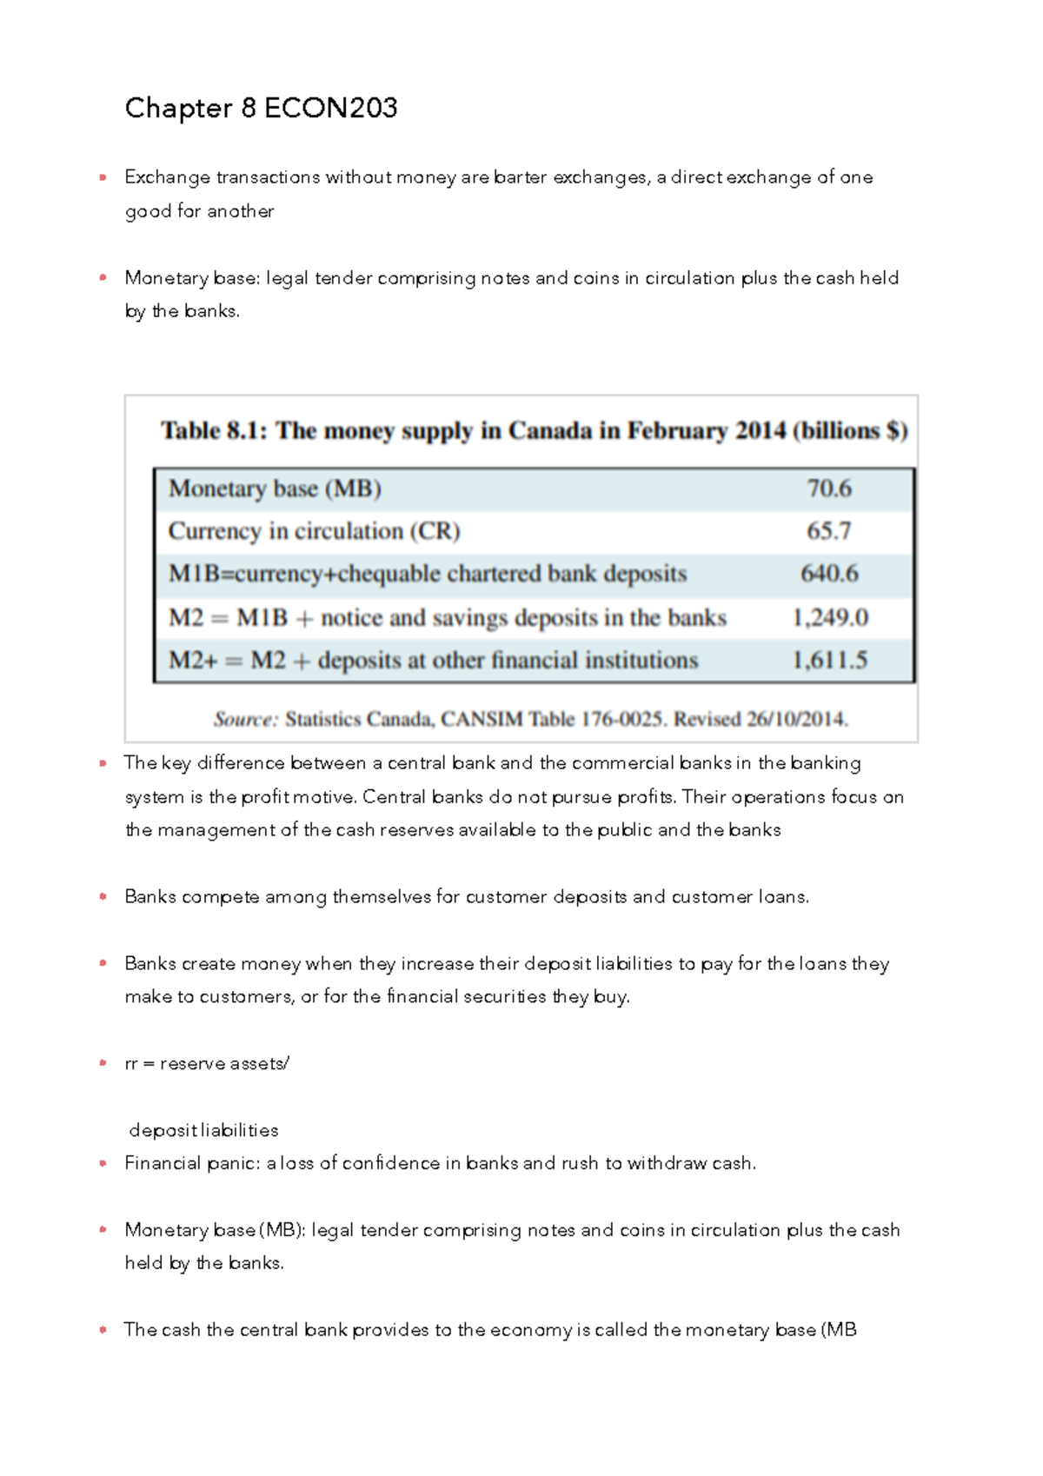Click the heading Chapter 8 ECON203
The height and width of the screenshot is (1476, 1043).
pyautogui.click(x=261, y=108)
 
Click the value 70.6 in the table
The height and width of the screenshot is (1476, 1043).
pyautogui.click(x=829, y=489)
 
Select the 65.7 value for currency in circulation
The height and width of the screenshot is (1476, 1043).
pyautogui.click(x=828, y=531)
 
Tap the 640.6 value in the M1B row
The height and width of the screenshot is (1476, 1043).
pyautogui.click(x=829, y=574)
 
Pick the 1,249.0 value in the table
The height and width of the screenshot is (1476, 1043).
pyautogui.click(x=830, y=617)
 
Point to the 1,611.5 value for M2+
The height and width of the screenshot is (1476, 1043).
pyautogui.click(x=829, y=661)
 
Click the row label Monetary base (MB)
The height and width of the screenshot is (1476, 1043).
pyautogui.click(x=275, y=489)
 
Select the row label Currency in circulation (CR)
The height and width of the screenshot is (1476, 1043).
pyautogui.click(x=314, y=531)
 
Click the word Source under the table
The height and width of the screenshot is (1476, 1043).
pyautogui.click(x=246, y=719)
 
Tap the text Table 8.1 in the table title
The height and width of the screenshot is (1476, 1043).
pyautogui.click(x=214, y=431)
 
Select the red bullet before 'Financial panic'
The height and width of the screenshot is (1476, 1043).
pyautogui.click(x=103, y=1163)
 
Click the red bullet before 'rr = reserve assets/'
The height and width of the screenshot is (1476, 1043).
pyautogui.click(x=103, y=1063)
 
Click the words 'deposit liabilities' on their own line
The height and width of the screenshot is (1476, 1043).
pyautogui.click(x=203, y=1130)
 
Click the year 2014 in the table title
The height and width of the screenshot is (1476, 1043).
pyautogui.click(x=760, y=431)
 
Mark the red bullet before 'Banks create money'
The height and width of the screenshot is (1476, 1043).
pyautogui.click(x=103, y=963)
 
